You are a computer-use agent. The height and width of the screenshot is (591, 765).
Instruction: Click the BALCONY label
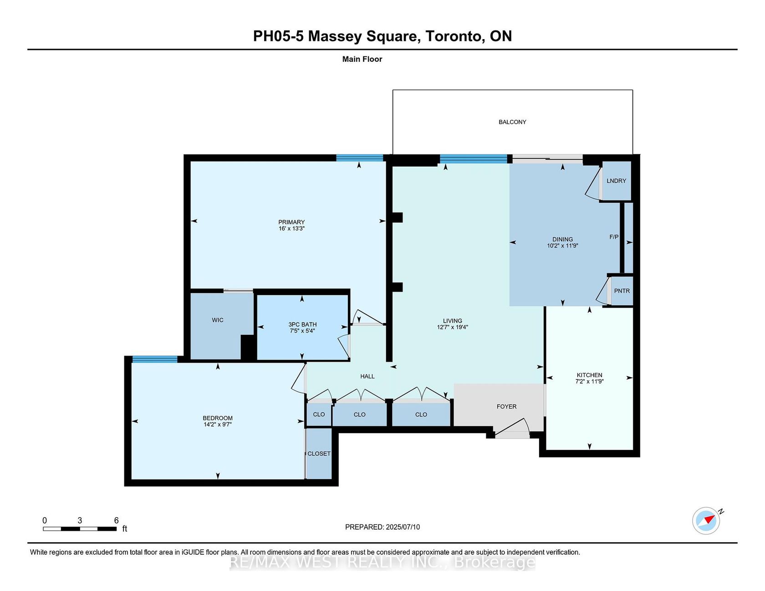click(x=512, y=122)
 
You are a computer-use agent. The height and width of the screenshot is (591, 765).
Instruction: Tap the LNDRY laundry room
click(x=617, y=181)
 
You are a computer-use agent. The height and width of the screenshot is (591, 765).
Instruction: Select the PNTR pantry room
click(x=622, y=291)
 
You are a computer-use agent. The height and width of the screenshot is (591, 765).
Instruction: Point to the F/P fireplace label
click(x=614, y=237)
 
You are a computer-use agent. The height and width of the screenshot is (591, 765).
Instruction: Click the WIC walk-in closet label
click(x=218, y=320)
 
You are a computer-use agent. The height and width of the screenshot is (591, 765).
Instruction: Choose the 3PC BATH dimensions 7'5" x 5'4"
click(x=302, y=331)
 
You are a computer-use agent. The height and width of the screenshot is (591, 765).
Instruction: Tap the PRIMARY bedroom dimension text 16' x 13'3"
click(x=291, y=228)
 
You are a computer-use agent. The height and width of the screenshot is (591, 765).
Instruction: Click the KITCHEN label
click(x=590, y=375)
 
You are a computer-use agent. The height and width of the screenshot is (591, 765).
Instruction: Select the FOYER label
click(x=507, y=406)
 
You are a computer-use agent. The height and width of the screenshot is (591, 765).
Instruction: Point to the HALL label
click(x=367, y=376)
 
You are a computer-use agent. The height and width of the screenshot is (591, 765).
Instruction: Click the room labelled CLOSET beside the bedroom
click(x=319, y=454)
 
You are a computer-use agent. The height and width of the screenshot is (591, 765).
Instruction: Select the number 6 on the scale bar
click(x=117, y=520)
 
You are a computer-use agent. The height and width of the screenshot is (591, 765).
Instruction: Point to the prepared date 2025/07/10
click(x=403, y=527)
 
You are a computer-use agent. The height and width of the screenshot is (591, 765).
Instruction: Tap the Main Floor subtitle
click(x=362, y=59)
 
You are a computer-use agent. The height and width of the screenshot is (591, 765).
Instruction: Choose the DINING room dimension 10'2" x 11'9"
click(x=563, y=246)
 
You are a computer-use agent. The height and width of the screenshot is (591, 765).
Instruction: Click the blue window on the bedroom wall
click(x=155, y=359)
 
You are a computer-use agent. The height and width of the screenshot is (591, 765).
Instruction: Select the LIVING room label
click(x=453, y=321)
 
